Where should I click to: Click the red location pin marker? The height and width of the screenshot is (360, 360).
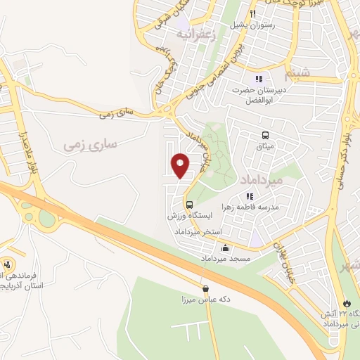181,165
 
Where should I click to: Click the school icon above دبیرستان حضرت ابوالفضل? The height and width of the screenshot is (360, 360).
258,79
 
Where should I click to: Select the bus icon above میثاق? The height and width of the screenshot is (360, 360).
265,136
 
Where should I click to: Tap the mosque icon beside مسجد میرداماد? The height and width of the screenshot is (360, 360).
225,247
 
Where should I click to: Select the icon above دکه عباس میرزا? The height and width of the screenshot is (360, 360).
205,288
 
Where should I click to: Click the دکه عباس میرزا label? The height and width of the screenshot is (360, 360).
205,300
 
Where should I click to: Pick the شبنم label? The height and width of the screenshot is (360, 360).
297,72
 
